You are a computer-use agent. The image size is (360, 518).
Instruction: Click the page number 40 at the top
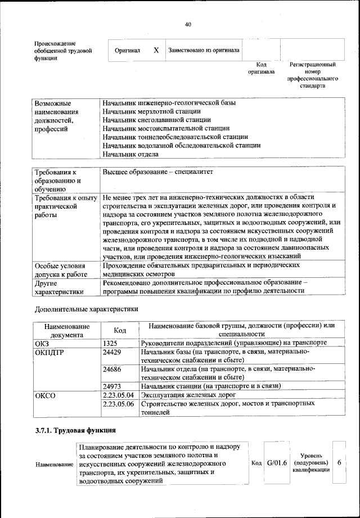point(188,24)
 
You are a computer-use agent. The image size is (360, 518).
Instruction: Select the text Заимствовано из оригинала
point(204,50)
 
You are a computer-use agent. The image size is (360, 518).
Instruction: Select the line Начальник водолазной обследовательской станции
point(181,145)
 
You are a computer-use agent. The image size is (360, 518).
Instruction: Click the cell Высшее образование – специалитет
point(158,172)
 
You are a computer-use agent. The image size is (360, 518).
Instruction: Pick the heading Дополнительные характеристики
point(86,309)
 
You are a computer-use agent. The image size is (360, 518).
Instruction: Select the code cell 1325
point(110,343)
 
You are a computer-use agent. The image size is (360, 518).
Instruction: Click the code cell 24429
point(112,352)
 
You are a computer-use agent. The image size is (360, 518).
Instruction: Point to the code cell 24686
point(112,369)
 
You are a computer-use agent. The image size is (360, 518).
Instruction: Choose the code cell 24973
point(112,386)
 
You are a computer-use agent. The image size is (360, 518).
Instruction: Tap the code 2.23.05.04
point(118,395)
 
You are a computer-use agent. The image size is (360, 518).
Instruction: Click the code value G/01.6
point(277,463)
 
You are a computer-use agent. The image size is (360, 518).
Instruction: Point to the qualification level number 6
point(339,462)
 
